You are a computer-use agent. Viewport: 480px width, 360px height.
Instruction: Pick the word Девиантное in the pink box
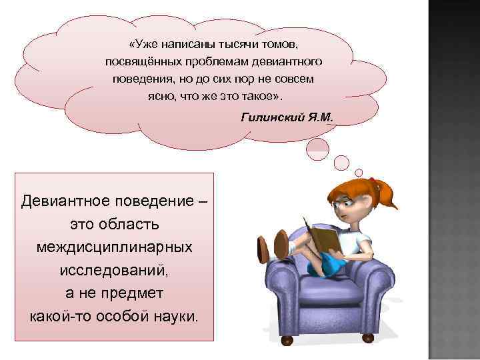pos(61,200)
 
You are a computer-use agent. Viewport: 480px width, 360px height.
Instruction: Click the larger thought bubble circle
pos(317,149)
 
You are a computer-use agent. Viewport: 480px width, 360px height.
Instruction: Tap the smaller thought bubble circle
pos(341,162)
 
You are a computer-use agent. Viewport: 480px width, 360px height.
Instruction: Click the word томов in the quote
pos(279,45)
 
